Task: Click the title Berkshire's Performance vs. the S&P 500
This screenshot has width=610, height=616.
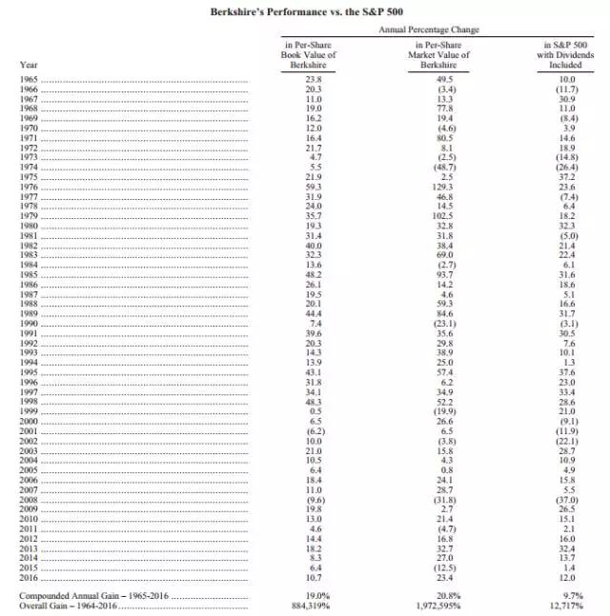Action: pos(305,12)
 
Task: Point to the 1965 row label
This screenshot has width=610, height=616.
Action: pos(30,80)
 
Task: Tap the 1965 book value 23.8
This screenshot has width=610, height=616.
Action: pos(307,80)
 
